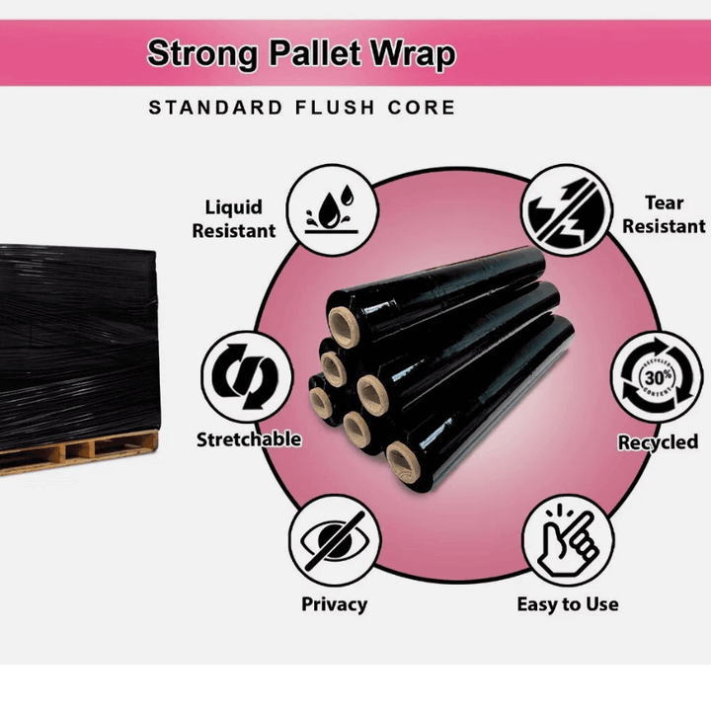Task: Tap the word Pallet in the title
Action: coord(312,53)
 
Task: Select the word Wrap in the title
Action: coord(414,53)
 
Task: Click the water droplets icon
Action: coord(334,208)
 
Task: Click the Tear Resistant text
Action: coord(664,214)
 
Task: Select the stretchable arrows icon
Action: coord(247,376)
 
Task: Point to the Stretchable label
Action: coord(248,439)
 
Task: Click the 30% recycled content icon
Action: coord(655,377)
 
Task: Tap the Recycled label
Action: coord(658,442)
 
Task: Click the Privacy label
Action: coord(334,603)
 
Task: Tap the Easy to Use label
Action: coord(568,603)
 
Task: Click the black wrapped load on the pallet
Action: coord(74,336)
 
